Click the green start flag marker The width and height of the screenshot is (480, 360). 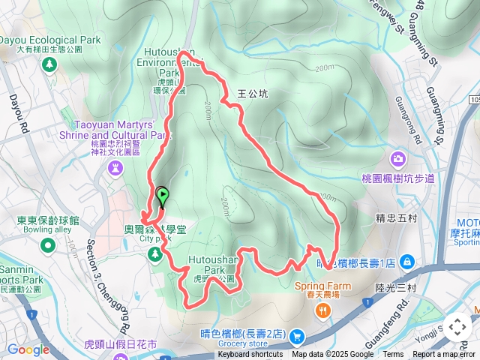point(162,196)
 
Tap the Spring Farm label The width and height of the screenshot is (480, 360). point(322,286)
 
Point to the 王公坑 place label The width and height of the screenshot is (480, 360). point(252,94)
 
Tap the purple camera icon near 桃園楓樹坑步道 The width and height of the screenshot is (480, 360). point(397,158)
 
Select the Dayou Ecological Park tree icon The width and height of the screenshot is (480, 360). point(49,65)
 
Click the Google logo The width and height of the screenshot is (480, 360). point(28,349)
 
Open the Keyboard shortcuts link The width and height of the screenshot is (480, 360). point(250,355)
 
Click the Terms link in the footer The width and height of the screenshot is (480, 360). point(393,355)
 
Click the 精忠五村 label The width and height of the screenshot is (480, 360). point(394,219)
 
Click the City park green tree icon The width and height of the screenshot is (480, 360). point(155,255)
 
